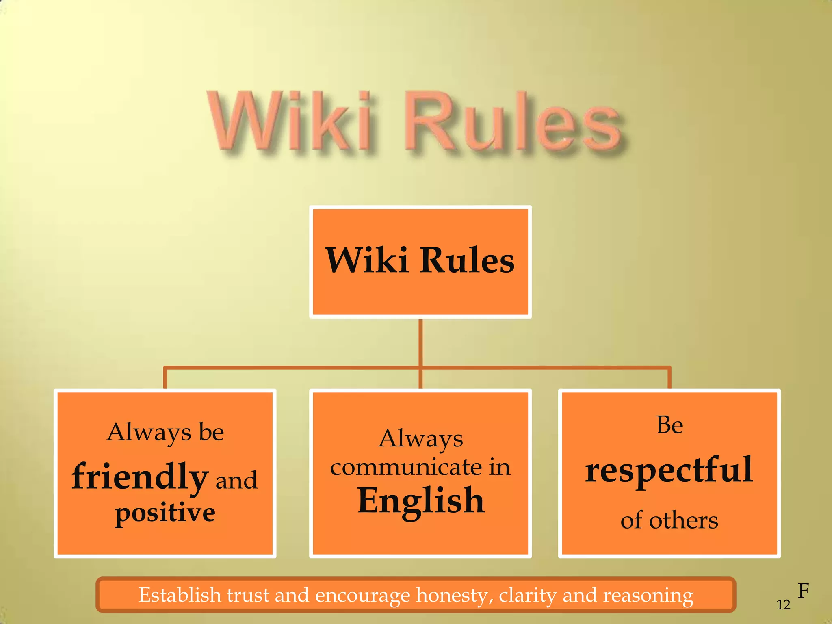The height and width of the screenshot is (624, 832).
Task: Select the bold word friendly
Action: (140, 477)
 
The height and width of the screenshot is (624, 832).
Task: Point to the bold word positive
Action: (165, 513)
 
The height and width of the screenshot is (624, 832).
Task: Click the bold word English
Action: (421, 501)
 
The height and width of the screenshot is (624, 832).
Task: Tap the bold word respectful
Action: (669, 470)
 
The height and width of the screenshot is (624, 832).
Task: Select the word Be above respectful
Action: (669, 425)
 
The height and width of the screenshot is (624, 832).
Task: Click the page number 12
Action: (783, 605)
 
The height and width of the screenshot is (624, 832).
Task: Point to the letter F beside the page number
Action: (803, 591)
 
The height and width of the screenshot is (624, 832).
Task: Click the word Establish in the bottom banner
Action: (180, 595)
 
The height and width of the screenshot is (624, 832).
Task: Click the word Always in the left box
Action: (149, 432)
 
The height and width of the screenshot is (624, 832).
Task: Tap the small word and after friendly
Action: (236, 480)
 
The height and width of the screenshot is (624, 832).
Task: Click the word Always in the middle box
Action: (420, 439)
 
